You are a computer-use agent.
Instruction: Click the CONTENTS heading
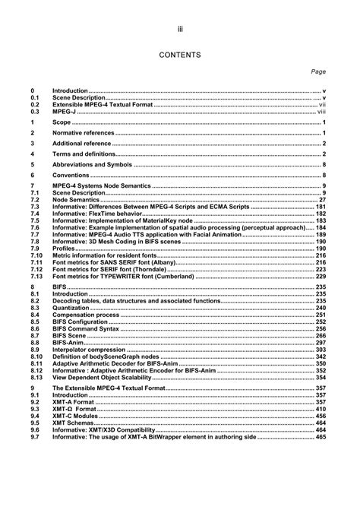[179, 55]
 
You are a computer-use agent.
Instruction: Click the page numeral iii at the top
[179, 29]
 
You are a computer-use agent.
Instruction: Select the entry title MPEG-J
[66, 111]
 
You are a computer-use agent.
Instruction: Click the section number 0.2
[35, 104]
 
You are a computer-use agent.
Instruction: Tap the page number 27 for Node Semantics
[321, 200]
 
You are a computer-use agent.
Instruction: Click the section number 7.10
[36, 255]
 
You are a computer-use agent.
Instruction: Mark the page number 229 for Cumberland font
[320, 276]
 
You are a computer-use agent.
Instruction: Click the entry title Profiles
[64, 248]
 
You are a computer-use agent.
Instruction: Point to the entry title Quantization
[71, 308]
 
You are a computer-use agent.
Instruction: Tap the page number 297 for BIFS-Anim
[320, 342]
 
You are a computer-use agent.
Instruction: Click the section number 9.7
[35, 438]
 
